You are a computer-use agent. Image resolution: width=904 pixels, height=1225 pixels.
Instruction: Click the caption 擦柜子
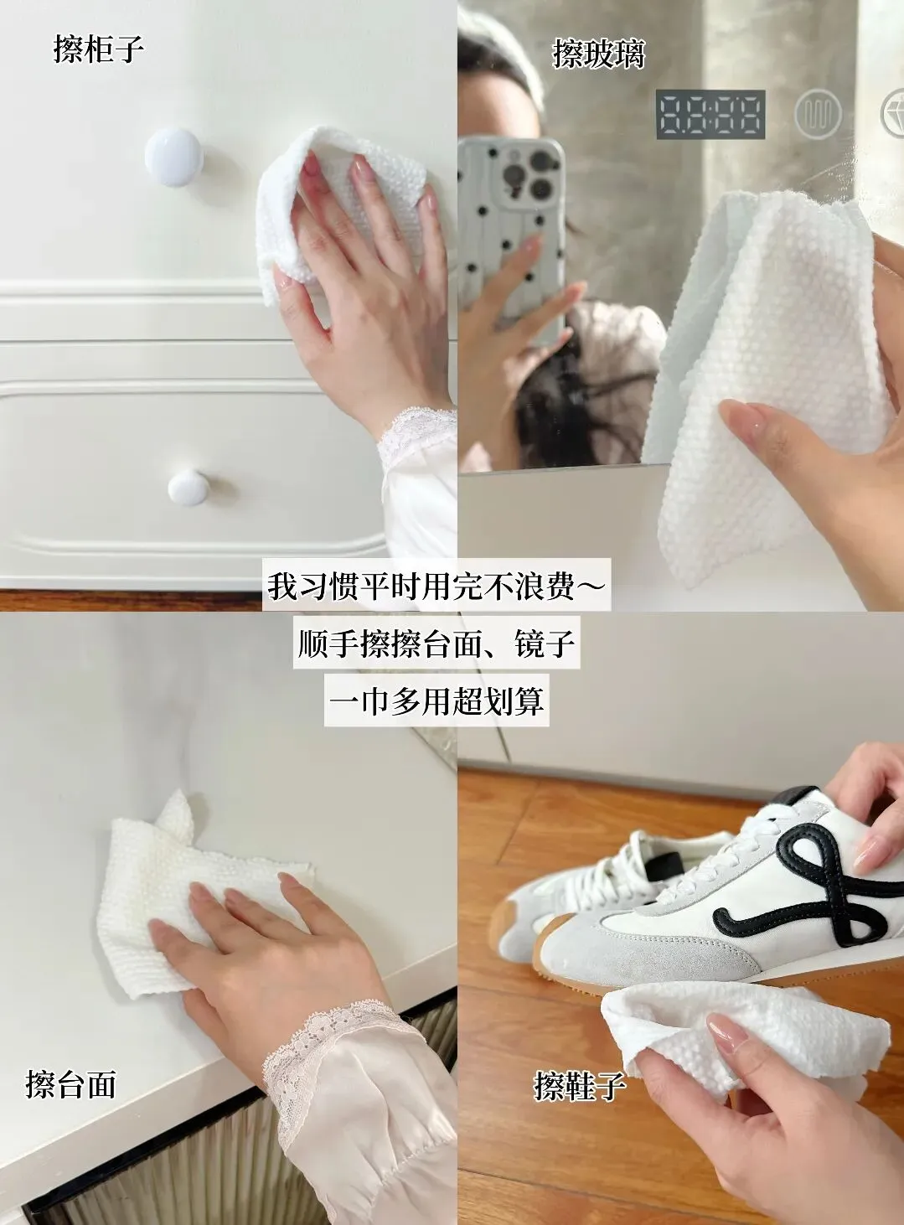coord(99,49)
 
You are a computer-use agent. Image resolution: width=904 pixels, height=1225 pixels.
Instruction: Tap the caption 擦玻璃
coord(598,54)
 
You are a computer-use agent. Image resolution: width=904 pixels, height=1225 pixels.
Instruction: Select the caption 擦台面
coord(70,1084)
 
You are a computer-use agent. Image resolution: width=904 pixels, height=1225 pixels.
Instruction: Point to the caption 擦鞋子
coord(580,1085)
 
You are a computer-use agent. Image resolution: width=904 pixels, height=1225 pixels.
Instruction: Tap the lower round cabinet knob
coord(189,487)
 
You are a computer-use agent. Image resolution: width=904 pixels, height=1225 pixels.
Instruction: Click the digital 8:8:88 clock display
coord(710,114)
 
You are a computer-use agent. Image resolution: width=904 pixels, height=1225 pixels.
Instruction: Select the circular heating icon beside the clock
coord(819,114)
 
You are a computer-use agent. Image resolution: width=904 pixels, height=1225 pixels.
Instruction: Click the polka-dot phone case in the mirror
coord(511,232)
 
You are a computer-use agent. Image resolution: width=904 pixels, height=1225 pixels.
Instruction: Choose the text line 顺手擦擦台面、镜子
coord(437,643)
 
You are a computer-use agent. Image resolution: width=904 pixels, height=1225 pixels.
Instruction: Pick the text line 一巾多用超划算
coord(437,700)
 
